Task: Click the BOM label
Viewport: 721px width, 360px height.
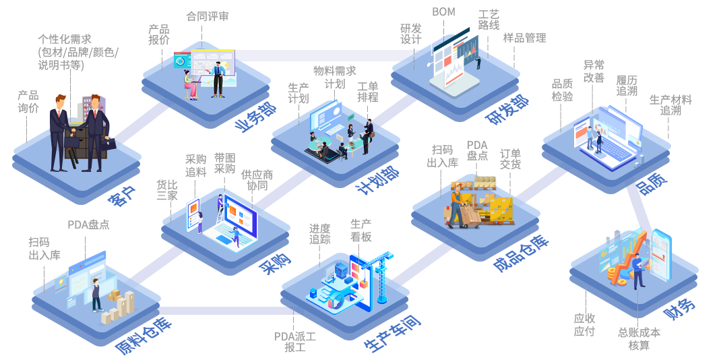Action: (443, 12)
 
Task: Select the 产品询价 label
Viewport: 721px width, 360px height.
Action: (28, 101)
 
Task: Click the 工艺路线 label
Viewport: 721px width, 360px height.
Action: (489, 20)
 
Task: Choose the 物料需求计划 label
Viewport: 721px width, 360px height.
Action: (334, 77)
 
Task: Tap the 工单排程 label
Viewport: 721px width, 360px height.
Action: (367, 92)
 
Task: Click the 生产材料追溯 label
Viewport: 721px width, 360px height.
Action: (670, 104)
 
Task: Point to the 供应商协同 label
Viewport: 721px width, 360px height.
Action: (257, 180)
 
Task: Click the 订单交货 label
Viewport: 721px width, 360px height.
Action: (510, 158)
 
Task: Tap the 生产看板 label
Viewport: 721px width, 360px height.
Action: (360, 230)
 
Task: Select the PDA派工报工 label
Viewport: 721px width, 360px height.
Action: (295, 342)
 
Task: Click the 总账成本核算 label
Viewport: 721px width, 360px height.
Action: (639, 338)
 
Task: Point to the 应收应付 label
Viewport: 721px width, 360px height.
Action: (584, 324)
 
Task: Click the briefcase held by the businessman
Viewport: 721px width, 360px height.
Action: (108, 143)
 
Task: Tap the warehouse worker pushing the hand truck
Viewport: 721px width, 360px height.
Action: (458, 206)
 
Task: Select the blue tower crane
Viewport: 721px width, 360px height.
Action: (381, 276)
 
